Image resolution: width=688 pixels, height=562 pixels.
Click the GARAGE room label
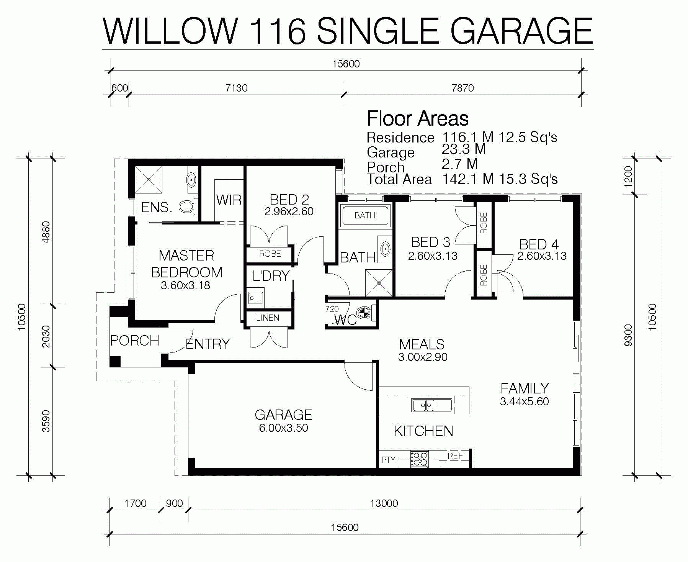click(x=283, y=415)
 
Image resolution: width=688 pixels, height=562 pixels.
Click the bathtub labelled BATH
click(x=365, y=216)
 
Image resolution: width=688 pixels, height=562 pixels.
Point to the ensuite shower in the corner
click(x=149, y=179)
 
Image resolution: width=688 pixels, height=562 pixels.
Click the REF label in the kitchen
click(x=455, y=456)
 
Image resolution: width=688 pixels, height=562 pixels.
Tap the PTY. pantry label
click(x=389, y=459)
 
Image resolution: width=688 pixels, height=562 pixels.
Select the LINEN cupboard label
click(x=268, y=318)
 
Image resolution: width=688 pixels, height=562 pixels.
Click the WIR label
click(x=229, y=200)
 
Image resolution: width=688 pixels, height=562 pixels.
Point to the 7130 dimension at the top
click(x=236, y=88)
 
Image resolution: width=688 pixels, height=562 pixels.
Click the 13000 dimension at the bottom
click(x=384, y=503)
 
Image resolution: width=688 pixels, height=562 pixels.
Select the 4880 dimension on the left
click(x=46, y=232)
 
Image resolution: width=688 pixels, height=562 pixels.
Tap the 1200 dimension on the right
click(x=628, y=177)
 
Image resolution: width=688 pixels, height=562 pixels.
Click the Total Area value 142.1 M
click(x=468, y=179)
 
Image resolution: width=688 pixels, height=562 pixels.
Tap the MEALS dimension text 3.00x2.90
click(x=423, y=357)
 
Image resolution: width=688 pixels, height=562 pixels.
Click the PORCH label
click(x=134, y=340)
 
